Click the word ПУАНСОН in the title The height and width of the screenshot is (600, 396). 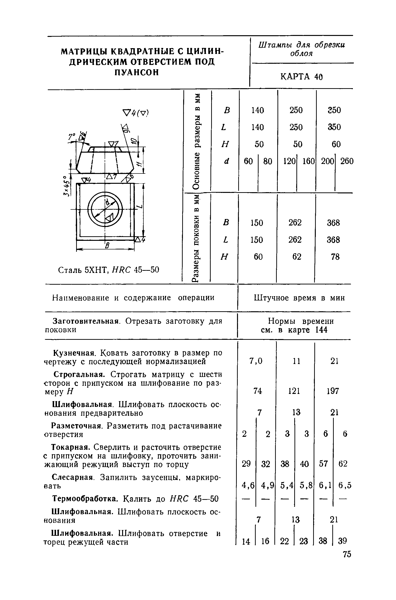point(137,73)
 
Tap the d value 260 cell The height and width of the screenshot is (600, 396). point(347,161)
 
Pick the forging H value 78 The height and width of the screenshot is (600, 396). point(335,257)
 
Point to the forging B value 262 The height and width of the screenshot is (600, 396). point(295,222)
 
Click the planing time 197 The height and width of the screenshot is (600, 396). point(333,391)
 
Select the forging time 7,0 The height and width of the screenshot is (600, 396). point(256,361)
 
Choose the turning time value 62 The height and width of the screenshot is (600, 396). point(343,464)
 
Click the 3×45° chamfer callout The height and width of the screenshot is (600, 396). point(66,186)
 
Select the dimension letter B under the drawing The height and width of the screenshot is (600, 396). point(107,245)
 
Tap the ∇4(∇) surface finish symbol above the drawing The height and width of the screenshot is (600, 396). point(136,113)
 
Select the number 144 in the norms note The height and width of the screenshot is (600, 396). point(321,330)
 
